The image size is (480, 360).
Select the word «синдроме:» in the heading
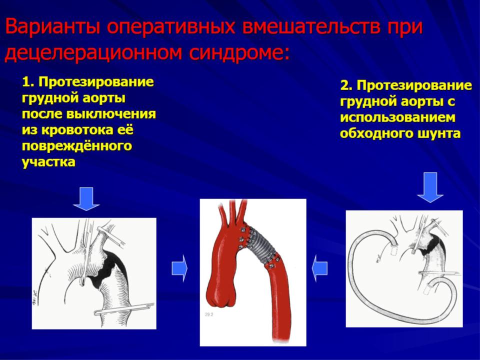click(239, 53)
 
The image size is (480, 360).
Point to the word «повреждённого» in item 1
click(77, 145)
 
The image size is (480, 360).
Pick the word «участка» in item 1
click(48, 162)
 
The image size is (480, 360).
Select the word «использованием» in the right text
click(397, 117)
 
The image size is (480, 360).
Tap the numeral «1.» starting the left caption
click(28, 82)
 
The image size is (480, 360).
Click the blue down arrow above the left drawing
click(86, 199)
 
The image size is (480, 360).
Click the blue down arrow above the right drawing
click(430, 187)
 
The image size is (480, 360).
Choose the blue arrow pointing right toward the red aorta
click(179, 268)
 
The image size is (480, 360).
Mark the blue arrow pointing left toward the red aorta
click(319, 268)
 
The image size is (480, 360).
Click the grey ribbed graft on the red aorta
click(261, 244)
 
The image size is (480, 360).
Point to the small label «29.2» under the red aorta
click(209, 314)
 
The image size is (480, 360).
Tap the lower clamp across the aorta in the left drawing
click(124, 308)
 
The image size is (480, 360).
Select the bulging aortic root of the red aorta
click(220, 291)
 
